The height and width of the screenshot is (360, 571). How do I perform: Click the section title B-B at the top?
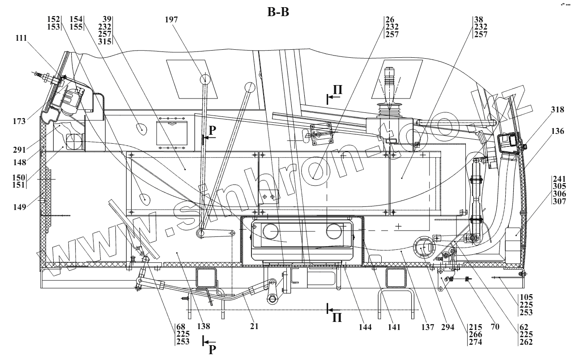coord(278,13)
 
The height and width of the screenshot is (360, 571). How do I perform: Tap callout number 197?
coord(171,20)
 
